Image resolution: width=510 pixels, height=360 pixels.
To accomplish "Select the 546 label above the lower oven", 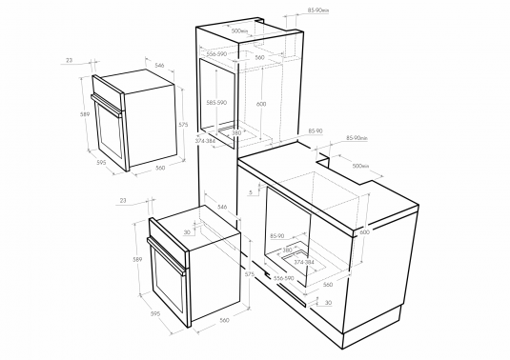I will pyautogui.click(x=221, y=206).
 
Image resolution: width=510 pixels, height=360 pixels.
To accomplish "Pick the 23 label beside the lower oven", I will pyautogui.click(x=124, y=200).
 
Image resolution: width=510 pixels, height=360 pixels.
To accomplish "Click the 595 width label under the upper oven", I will pyautogui.click(x=100, y=162).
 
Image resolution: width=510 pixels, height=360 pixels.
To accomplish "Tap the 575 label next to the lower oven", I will pyautogui.click(x=250, y=274).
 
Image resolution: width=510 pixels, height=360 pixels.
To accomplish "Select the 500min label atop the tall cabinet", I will pyautogui.click(x=239, y=30).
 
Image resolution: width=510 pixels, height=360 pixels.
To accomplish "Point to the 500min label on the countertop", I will pyautogui.click(x=360, y=165).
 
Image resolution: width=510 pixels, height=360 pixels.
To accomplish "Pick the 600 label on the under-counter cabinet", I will pyautogui.click(x=363, y=231).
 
